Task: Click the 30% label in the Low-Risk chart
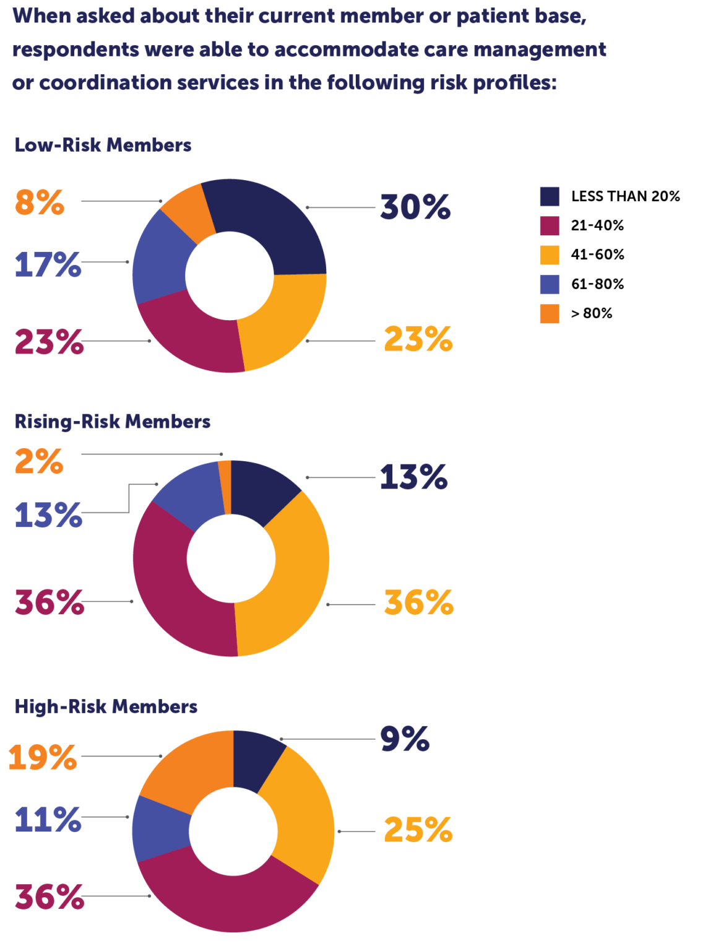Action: coord(415,207)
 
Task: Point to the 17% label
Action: coord(48,264)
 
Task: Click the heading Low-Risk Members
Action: coord(103,145)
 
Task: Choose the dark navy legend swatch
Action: coord(550,197)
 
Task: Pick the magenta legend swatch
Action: coord(550,226)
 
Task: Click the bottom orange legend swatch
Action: coord(550,314)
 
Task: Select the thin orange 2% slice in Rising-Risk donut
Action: coord(225,487)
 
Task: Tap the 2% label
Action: coord(39,462)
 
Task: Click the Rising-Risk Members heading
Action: coord(113,422)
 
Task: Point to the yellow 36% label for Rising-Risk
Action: coord(419,602)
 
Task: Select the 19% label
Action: coord(43,757)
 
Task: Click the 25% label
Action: coord(418,830)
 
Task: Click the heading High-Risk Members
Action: coord(106,706)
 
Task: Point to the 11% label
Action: coord(48,820)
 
